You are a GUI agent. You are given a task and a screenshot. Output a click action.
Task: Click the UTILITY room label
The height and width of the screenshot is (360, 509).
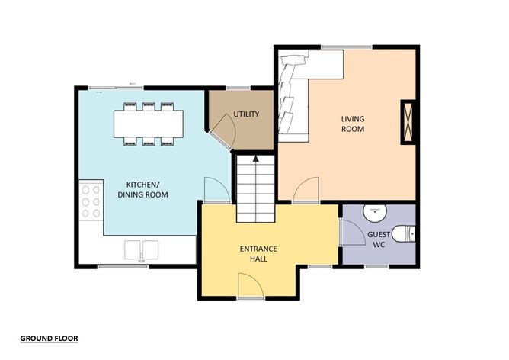pyautogui.click(x=247, y=114)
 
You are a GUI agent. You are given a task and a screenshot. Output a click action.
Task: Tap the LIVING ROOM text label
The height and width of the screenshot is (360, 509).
pyautogui.click(x=352, y=124)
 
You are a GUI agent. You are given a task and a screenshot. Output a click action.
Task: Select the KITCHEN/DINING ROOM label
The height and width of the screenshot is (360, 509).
pyautogui.click(x=142, y=189)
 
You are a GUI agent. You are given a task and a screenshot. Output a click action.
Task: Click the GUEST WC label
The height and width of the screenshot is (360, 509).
pyautogui.click(x=378, y=239)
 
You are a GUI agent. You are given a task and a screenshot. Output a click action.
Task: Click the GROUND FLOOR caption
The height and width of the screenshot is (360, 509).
pyautogui.click(x=49, y=337)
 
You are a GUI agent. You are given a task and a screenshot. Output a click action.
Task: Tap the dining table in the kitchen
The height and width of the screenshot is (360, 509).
pyautogui.click(x=149, y=123)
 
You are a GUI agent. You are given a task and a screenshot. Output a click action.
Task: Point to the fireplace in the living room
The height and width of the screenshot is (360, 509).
pyautogui.click(x=408, y=121)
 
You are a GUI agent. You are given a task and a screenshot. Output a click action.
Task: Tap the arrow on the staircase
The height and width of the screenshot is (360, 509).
pyautogui.click(x=256, y=159)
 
